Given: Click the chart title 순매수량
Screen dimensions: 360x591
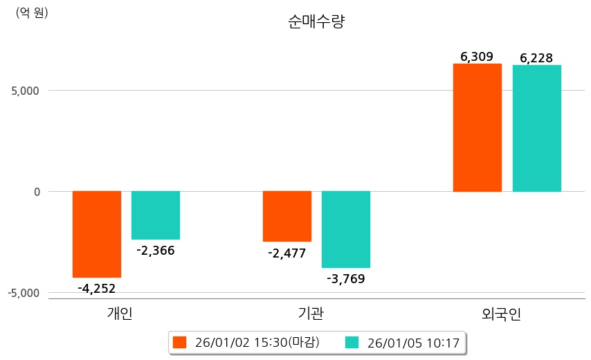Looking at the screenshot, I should [x=316, y=21].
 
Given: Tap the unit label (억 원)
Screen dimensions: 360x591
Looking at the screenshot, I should [x=32, y=12].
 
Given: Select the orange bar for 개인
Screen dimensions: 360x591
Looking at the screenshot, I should [x=97, y=234].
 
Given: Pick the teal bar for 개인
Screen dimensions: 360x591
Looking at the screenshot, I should [x=156, y=215].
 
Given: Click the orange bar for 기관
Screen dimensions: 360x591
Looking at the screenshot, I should [x=287, y=216].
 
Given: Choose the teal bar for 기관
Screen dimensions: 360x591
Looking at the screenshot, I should [x=346, y=229].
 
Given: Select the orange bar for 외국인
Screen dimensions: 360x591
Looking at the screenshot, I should [x=478, y=127].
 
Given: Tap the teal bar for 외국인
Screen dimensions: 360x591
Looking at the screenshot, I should [x=536, y=128].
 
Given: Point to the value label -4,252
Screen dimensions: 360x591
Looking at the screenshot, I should [x=97, y=288].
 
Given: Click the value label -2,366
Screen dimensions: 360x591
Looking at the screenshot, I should [x=156, y=251].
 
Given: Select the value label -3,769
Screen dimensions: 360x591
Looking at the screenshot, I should [x=346, y=279].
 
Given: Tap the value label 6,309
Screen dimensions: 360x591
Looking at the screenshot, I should [x=478, y=57].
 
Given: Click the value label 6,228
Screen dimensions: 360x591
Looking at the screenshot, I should [x=536, y=58].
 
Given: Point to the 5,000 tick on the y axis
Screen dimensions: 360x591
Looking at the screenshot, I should [x=25, y=90].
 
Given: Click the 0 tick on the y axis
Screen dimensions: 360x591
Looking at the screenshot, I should [x=37, y=191].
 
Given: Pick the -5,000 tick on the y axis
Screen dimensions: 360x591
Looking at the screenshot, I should [x=24, y=293].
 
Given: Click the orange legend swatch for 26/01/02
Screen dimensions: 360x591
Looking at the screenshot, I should [x=180, y=342].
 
